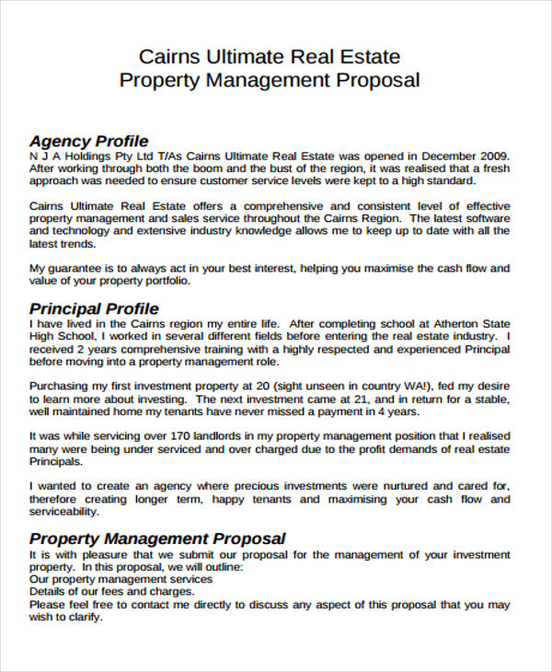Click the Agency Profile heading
(88, 141)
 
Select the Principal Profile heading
(94, 308)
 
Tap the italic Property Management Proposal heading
(157, 539)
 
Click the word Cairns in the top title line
(167, 56)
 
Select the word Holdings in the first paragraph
(86, 156)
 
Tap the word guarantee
(79, 268)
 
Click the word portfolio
(163, 281)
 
